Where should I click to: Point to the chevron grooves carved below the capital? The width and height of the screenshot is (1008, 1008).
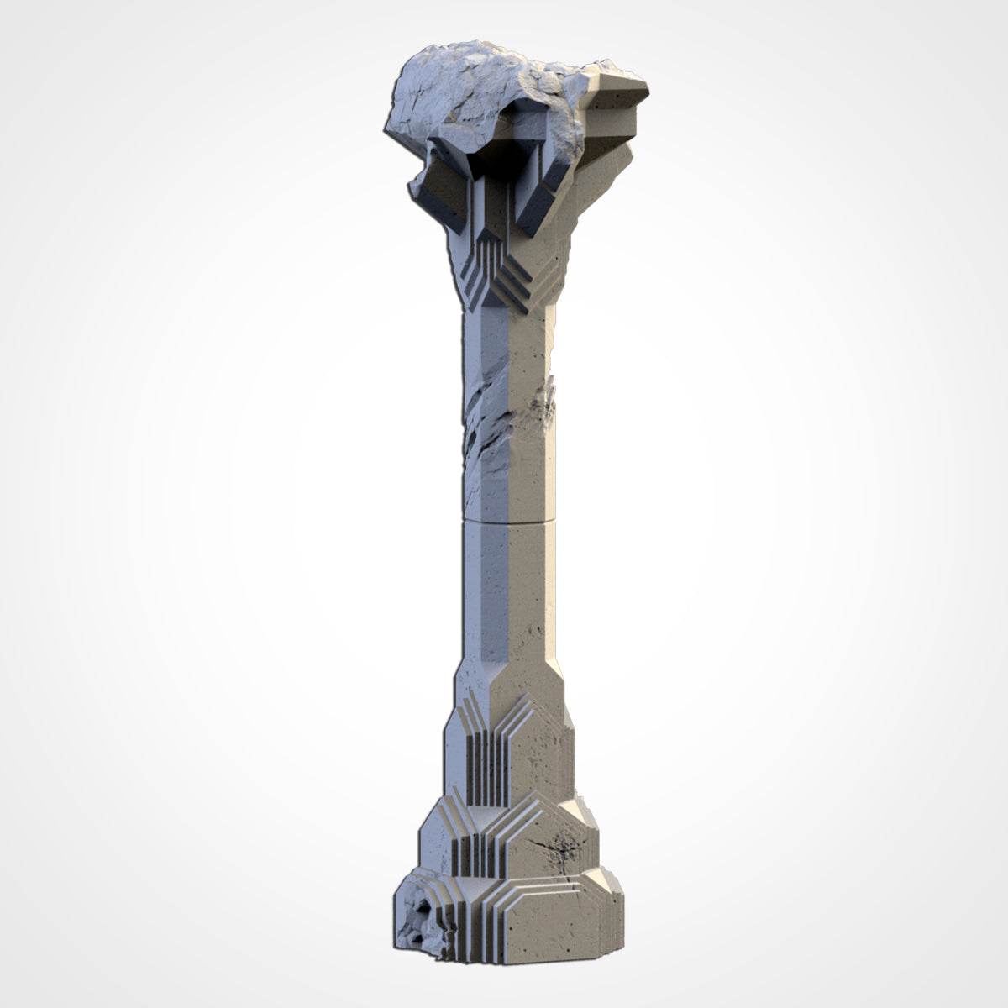[504, 277]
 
